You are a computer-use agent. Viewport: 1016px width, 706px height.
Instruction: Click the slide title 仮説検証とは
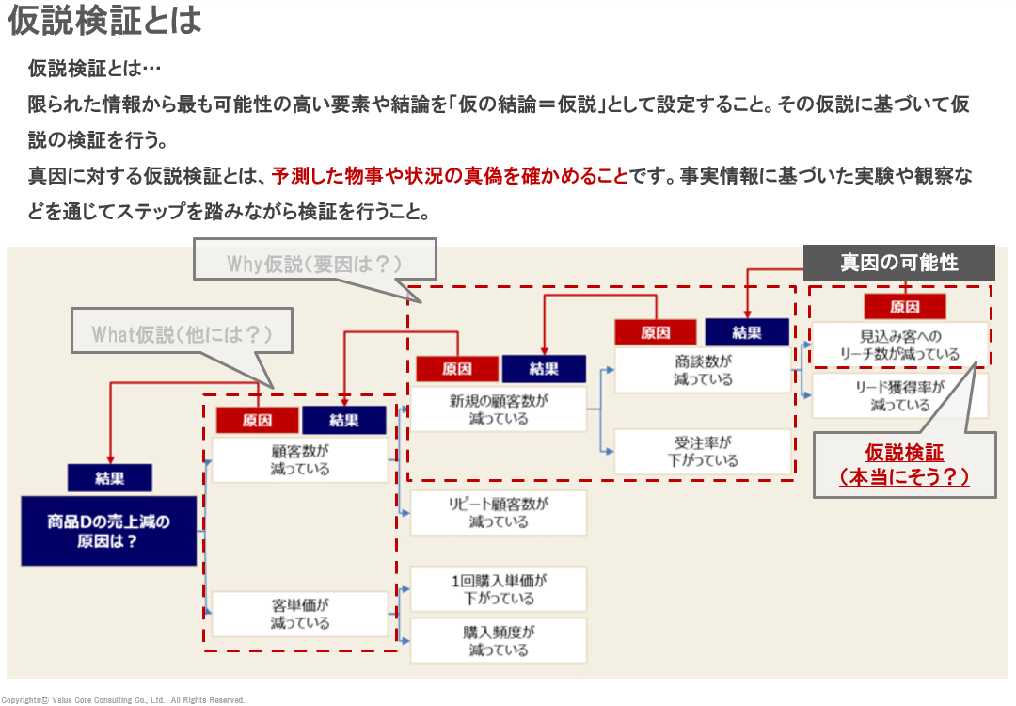tap(104, 21)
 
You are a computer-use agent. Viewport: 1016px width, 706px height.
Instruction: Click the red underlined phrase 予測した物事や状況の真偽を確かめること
tap(449, 176)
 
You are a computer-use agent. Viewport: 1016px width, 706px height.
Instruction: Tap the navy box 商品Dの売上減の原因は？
tap(109, 531)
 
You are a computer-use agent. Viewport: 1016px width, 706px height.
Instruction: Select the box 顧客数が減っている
tap(300, 459)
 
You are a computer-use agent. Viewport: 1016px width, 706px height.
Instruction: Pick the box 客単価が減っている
tap(300, 614)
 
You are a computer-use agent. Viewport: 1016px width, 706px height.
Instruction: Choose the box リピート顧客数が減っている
tap(499, 512)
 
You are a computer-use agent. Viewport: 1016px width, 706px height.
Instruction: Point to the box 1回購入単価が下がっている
tap(499, 589)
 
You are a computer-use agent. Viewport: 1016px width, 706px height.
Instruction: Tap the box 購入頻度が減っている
tap(499, 640)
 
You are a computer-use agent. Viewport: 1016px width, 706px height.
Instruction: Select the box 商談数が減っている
tap(703, 370)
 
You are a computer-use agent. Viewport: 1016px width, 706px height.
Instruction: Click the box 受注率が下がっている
tap(703, 452)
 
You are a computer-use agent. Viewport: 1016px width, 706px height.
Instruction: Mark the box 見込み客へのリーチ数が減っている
tap(900, 345)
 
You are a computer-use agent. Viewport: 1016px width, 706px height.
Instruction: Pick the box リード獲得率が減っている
tap(900, 396)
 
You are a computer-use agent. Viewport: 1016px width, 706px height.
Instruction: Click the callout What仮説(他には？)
tap(182, 334)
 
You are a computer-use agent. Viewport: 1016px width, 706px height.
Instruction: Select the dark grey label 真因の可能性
tap(898, 263)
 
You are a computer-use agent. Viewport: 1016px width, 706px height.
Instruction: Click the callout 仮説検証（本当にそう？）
tap(903, 465)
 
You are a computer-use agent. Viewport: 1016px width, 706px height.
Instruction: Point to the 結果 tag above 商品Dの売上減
tap(109, 478)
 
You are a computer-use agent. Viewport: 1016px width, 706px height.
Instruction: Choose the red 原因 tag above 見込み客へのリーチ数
tap(904, 307)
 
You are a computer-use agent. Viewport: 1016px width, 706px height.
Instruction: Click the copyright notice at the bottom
tap(122, 699)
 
